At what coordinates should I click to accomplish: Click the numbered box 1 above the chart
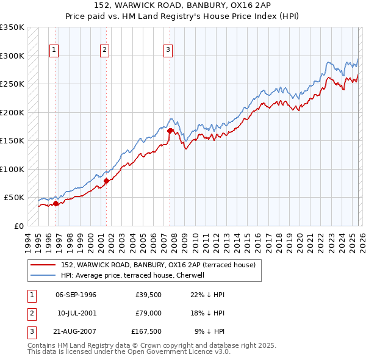point(54,50)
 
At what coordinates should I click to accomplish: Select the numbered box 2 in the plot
point(105,50)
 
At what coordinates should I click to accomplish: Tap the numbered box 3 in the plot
point(168,50)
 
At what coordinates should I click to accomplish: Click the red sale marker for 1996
point(56,204)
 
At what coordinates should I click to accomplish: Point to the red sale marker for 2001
point(106,181)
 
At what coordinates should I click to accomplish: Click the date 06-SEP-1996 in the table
point(76,295)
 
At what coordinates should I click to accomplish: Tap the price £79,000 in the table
point(147,313)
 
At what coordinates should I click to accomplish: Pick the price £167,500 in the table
point(146,331)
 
